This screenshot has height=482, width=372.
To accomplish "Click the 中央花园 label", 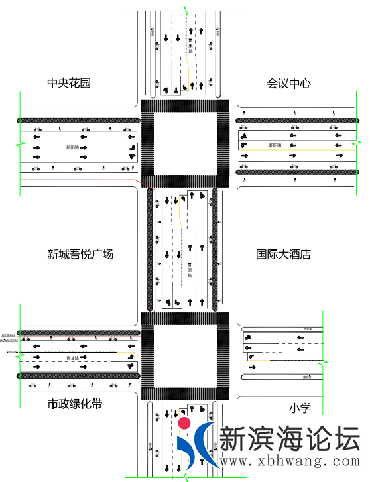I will (68, 83).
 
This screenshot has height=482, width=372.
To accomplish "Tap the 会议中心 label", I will (289, 83).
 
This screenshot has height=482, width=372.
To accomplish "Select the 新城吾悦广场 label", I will (80, 254).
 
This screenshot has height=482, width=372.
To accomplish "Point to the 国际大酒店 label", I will (284, 254).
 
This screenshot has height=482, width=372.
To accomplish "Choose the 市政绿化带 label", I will (74, 404).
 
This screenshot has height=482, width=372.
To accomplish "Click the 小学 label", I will (300, 408).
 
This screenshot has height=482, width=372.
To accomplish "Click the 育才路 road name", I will (72, 358).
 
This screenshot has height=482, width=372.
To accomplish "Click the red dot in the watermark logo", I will (185, 423).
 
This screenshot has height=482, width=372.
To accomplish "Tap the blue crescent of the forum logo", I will (200, 446).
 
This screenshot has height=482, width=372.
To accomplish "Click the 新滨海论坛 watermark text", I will (289, 438).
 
